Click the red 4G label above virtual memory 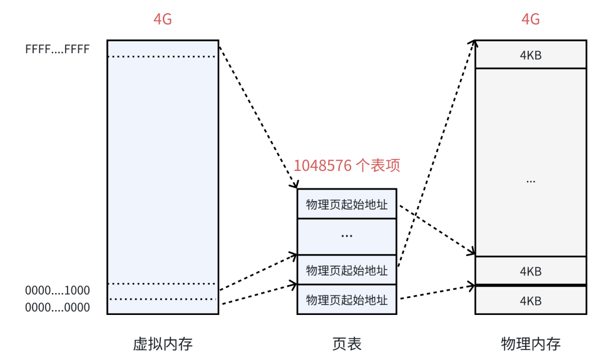(x=163, y=19)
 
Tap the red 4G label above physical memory (x=531, y=19)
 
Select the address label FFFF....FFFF (x=58, y=49)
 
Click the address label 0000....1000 (x=58, y=291)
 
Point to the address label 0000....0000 (x=58, y=307)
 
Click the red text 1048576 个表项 (x=347, y=166)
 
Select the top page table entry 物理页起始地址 (x=347, y=204)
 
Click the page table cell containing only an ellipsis (x=347, y=236)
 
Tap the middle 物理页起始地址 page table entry (x=347, y=270)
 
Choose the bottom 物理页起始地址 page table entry (x=347, y=300)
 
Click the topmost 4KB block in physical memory (x=531, y=55)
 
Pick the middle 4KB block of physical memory (x=531, y=272)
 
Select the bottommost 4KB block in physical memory (x=531, y=301)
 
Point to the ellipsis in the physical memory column (x=531, y=180)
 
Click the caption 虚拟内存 (x=163, y=344)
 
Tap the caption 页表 (x=347, y=344)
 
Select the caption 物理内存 (x=531, y=344)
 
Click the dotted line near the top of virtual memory (x=163, y=57)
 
